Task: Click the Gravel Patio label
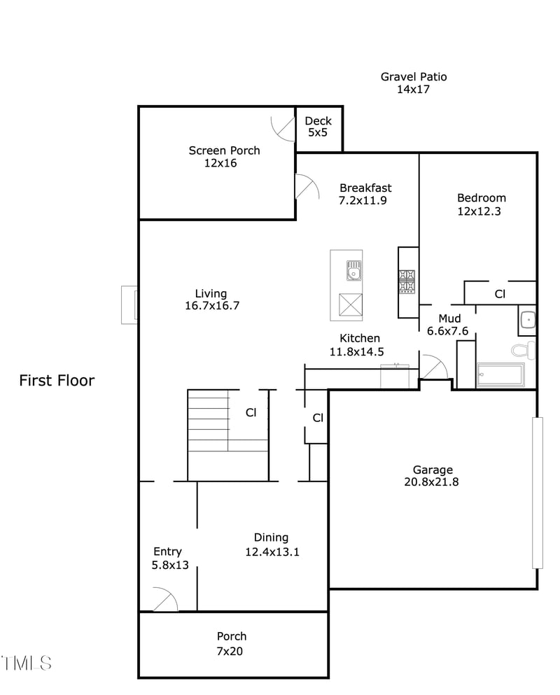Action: click(413, 83)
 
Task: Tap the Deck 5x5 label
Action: click(318, 126)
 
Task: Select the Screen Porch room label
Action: click(224, 157)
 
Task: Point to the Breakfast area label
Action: click(365, 194)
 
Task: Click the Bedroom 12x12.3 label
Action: click(481, 204)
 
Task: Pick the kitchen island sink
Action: click(353, 269)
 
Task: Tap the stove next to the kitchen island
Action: click(407, 281)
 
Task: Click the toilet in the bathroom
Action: click(524, 349)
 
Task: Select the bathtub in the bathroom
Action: click(499, 375)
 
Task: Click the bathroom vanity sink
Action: click(527, 321)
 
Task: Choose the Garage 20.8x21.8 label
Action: click(432, 475)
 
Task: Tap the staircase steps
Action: click(209, 420)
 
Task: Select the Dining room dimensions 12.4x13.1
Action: click(272, 552)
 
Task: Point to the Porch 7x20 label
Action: click(231, 643)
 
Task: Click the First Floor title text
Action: click(57, 381)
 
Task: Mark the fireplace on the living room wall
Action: click(129, 304)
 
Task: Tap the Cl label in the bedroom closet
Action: click(500, 294)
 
